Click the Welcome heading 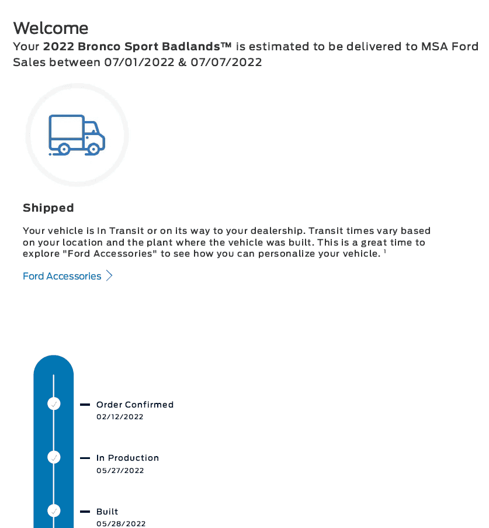(x=51, y=28)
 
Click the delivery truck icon (x=77, y=135)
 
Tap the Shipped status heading (x=48, y=208)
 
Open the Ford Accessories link (x=62, y=276)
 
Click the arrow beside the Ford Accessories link (x=109, y=276)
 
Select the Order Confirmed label (x=135, y=405)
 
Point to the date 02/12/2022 (x=120, y=417)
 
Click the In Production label (x=127, y=458)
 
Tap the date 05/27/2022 (x=120, y=470)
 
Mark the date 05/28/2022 (x=121, y=524)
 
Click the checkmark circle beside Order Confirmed (x=54, y=404)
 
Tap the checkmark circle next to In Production (x=54, y=457)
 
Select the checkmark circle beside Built (x=54, y=511)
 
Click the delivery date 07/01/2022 (x=140, y=62)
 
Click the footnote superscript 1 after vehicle (x=385, y=251)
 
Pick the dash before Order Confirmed (x=85, y=405)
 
